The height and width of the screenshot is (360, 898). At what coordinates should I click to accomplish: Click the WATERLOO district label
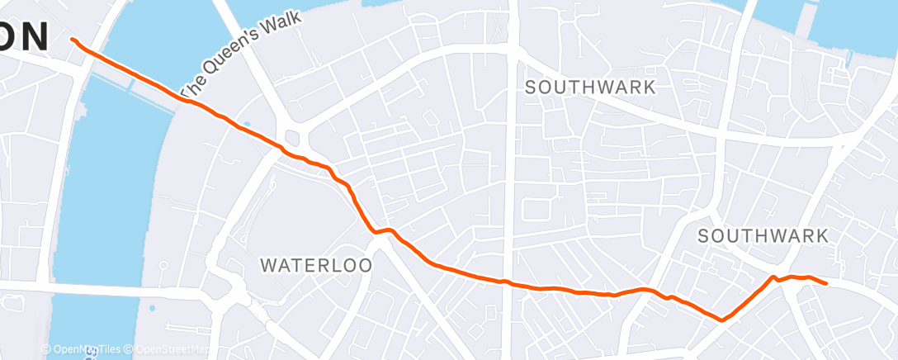click(316, 265)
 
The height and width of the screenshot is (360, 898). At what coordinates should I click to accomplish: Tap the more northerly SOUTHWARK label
click(590, 87)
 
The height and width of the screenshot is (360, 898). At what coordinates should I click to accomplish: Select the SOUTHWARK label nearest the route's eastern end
click(763, 236)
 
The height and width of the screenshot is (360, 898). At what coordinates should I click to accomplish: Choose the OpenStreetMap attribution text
click(173, 349)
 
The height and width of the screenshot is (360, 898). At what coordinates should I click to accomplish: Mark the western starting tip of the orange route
click(73, 39)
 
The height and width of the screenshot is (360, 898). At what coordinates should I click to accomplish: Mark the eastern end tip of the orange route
click(825, 283)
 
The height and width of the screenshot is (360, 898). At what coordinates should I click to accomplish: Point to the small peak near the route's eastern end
click(774, 277)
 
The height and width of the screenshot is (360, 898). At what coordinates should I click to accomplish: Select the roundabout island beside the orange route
click(292, 137)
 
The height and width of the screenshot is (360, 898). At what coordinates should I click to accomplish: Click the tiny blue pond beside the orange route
click(245, 127)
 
